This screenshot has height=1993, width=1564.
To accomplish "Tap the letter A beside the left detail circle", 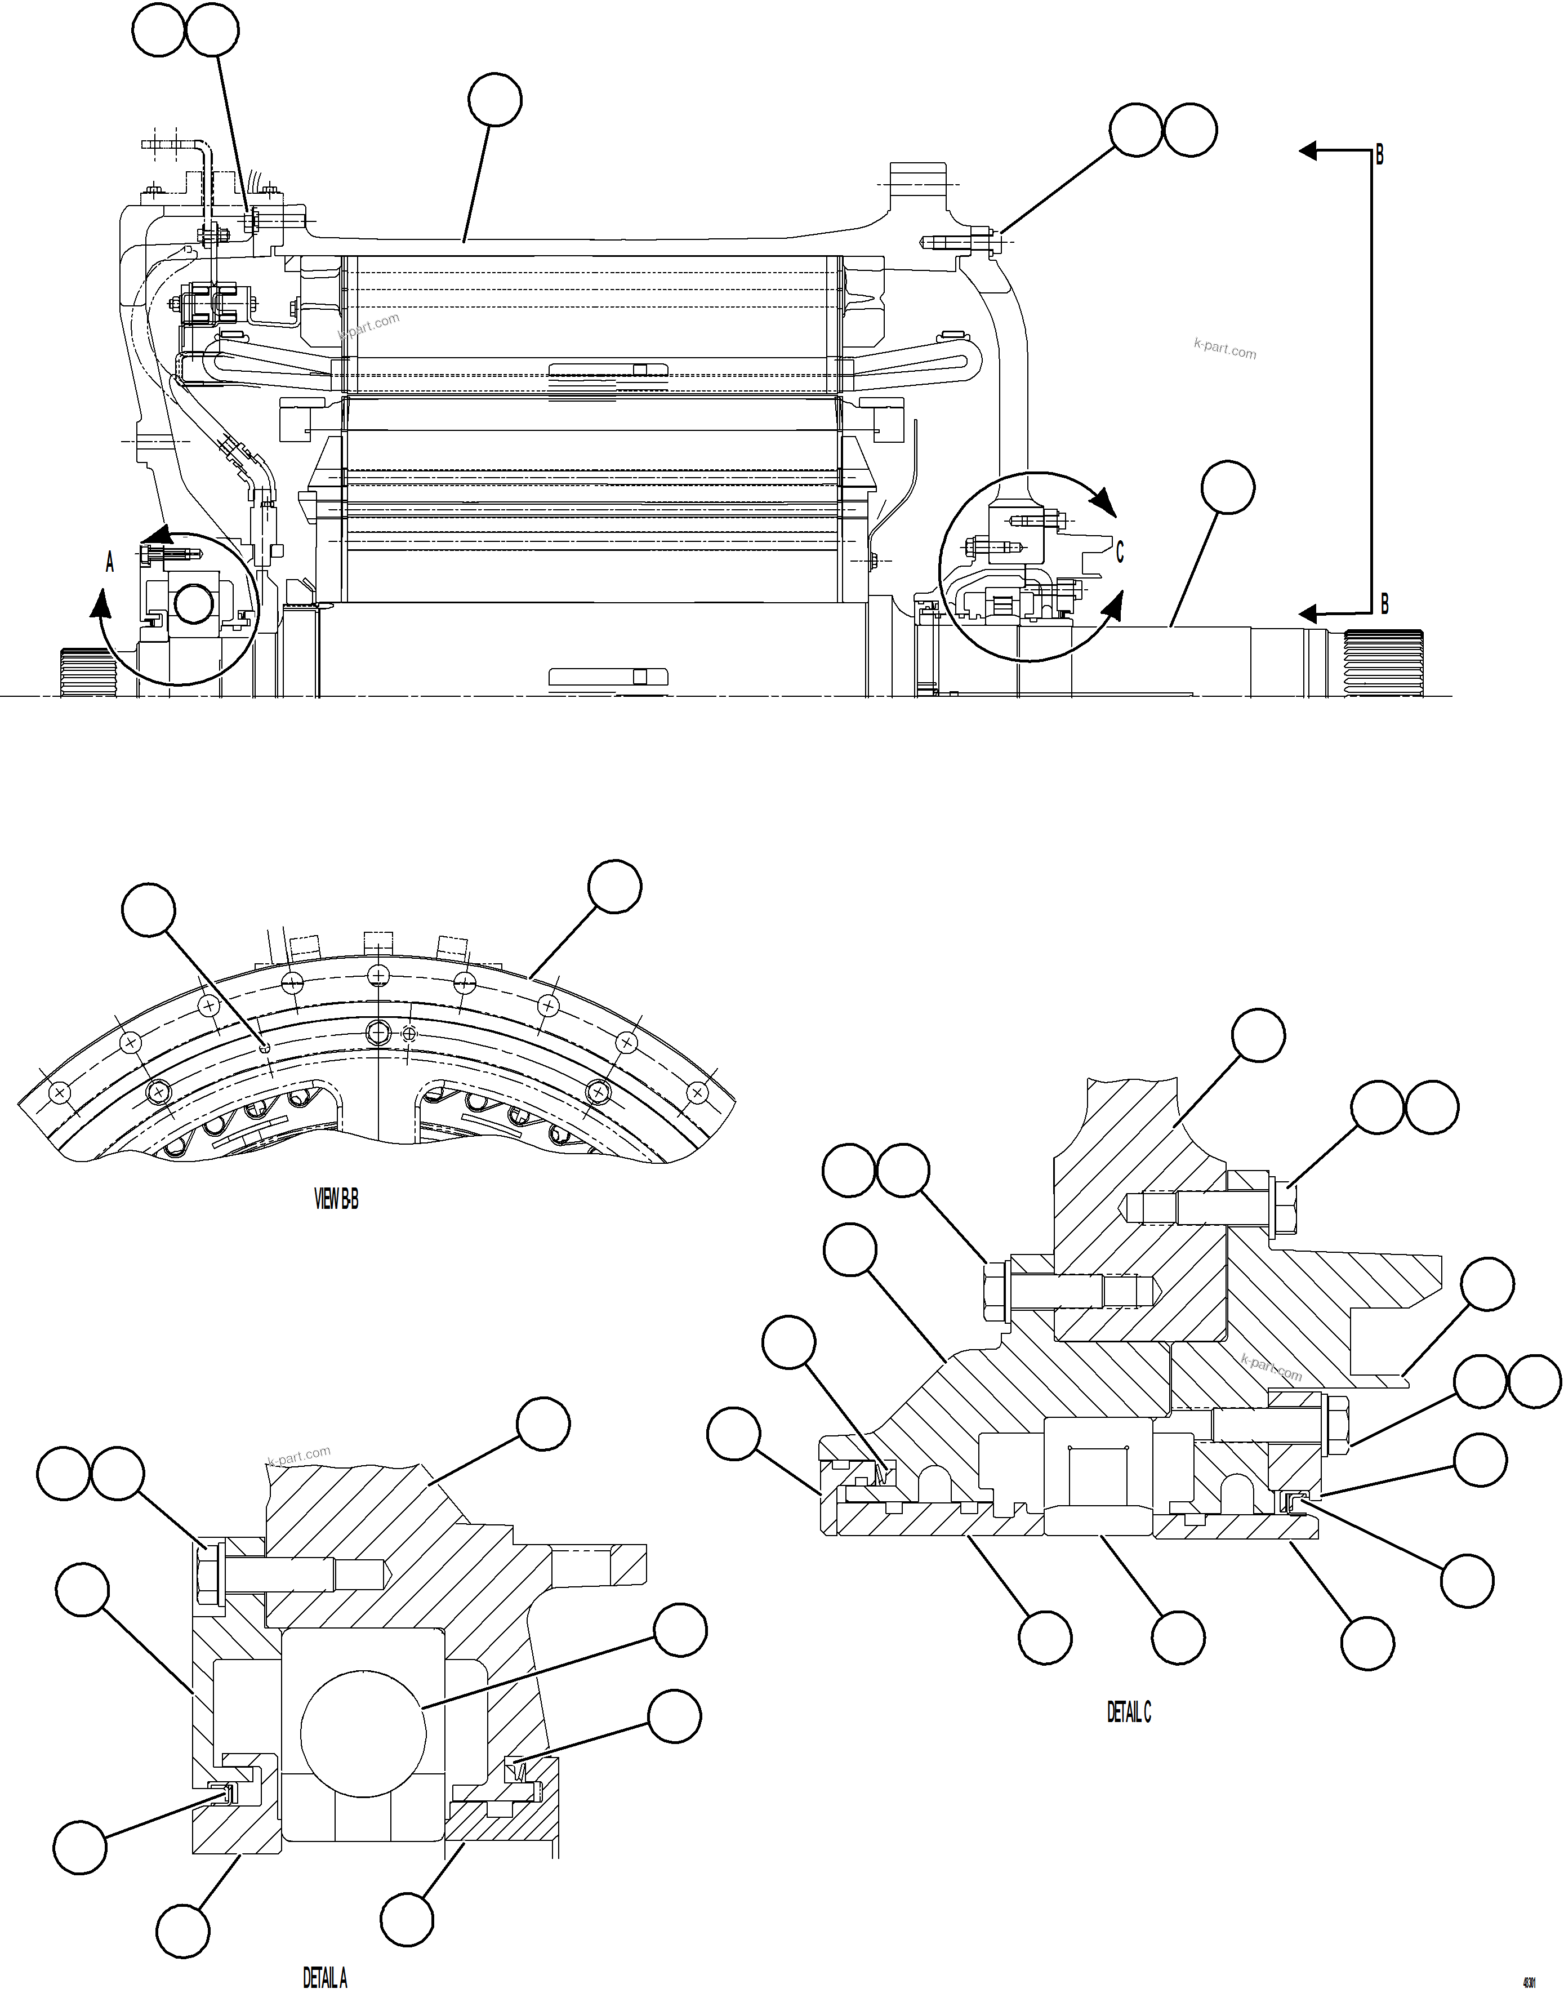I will (x=110, y=562).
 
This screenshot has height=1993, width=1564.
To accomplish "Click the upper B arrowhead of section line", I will (x=1309, y=151).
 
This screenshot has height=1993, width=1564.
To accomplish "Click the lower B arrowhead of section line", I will (x=1309, y=613).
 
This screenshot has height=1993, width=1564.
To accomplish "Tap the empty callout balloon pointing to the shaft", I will (x=1227, y=488).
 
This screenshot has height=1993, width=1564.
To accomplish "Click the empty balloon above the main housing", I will (x=494, y=101).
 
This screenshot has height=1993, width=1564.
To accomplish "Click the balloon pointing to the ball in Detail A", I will (x=679, y=1630).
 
